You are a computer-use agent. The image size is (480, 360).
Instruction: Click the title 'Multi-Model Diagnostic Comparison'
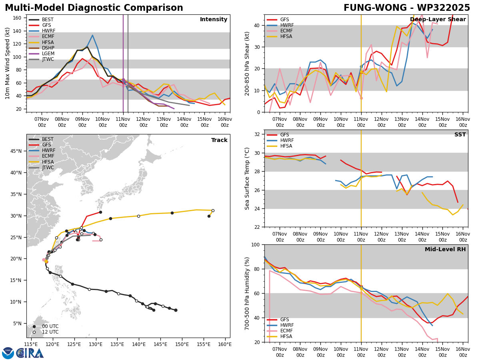(x=94, y=8)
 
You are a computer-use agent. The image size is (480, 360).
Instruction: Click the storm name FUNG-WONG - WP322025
(x=407, y=8)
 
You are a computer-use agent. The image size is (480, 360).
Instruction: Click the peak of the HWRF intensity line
(x=92, y=35)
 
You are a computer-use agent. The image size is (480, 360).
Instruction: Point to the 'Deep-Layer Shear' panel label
(x=438, y=20)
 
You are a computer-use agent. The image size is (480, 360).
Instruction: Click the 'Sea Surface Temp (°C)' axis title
(x=248, y=178)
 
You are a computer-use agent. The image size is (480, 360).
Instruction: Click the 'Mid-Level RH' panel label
(x=445, y=250)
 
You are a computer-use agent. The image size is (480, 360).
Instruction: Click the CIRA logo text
(x=30, y=353)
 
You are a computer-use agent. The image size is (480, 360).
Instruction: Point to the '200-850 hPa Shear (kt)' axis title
(x=248, y=63)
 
